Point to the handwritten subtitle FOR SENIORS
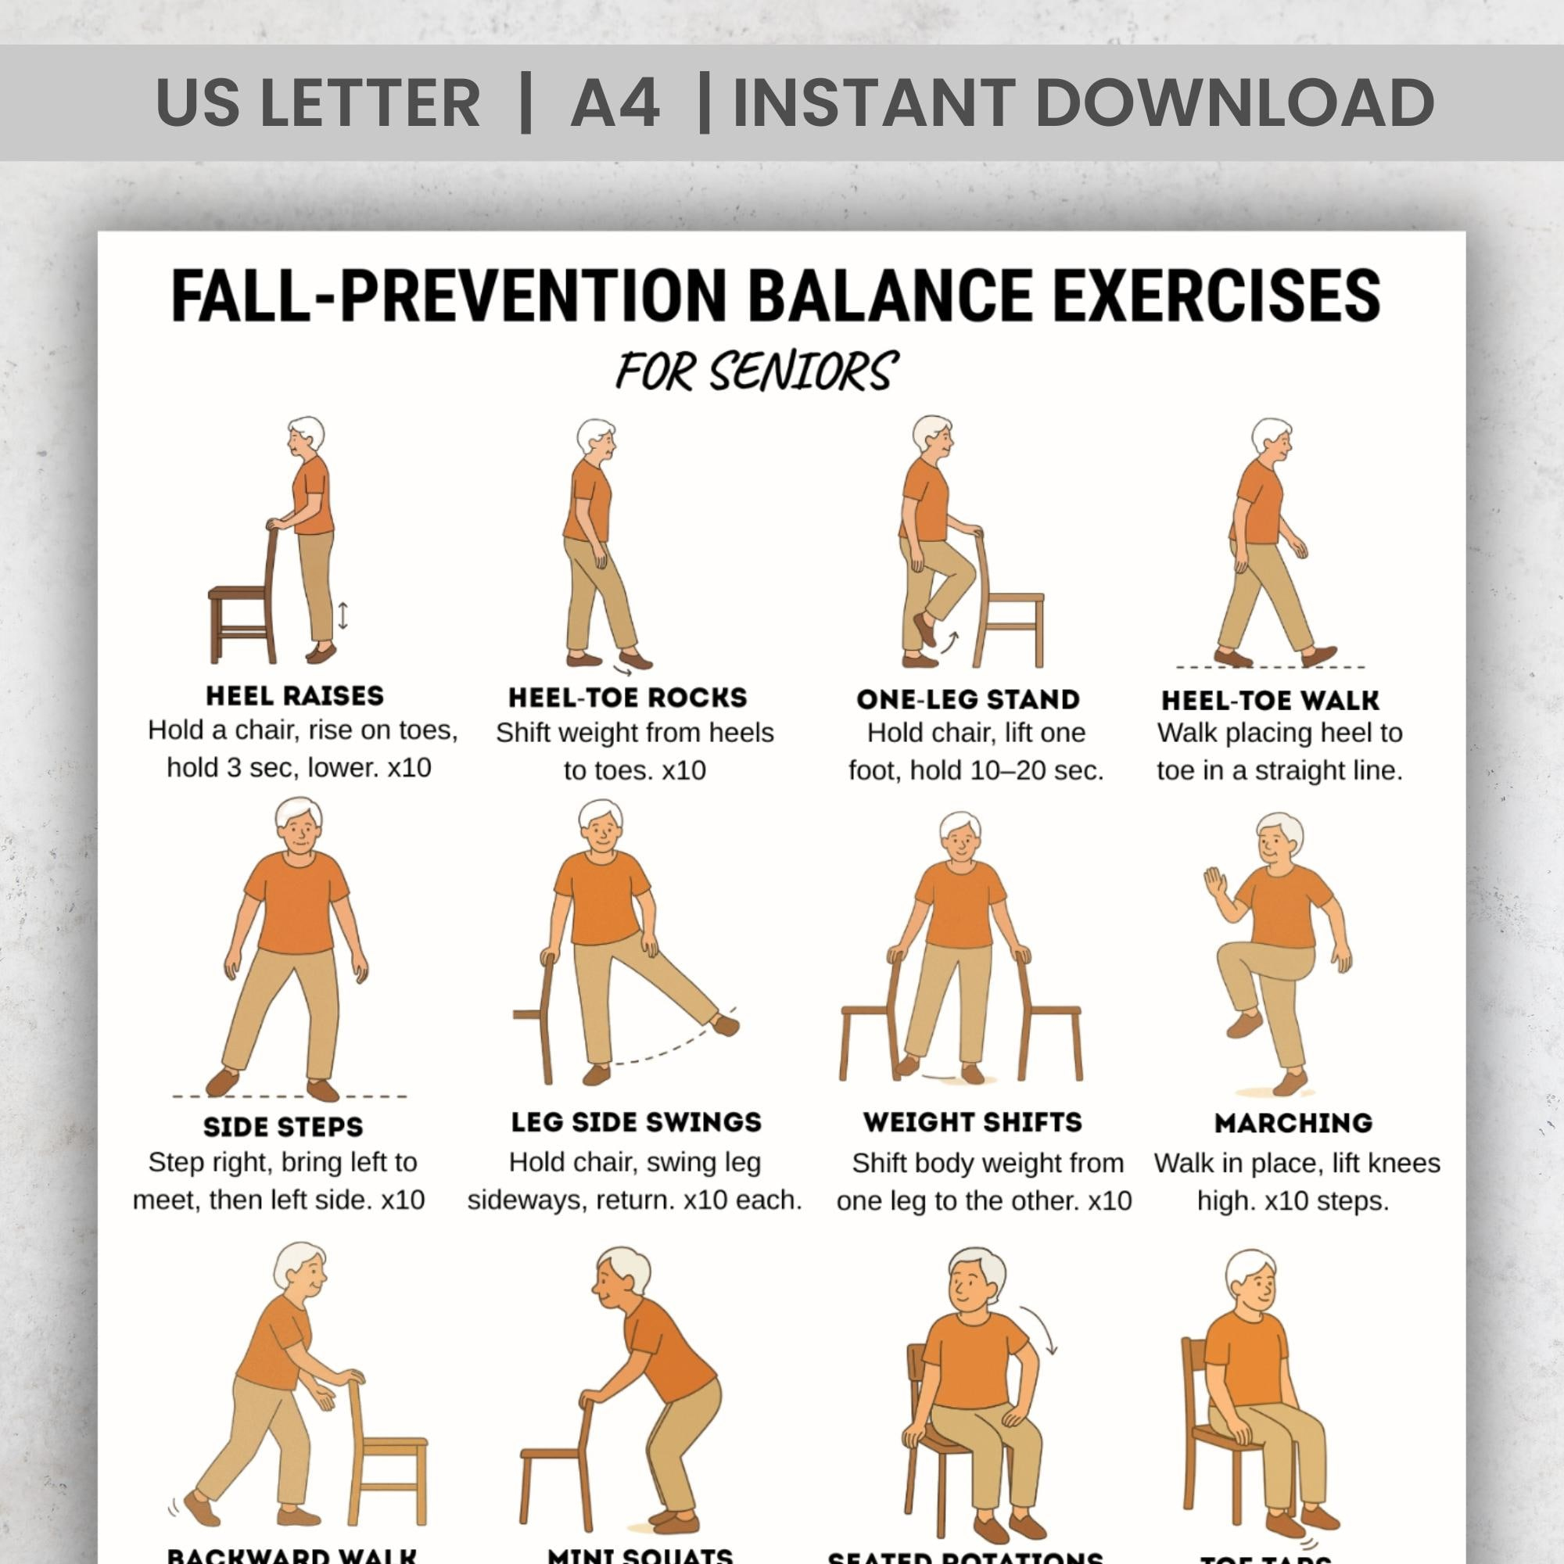pyautogui.click(x=756, y=371)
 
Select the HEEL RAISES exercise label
pyautogui.click(x=295, y=695)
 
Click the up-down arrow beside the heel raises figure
pyautogui.click(x=343, y=616)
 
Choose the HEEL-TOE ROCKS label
pyautogui.click(x=627, y=697)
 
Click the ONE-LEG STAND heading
pyautogui.click(x=968, y=698)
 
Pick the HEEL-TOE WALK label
pyautogui.click(x=1270, y=699)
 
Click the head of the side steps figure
pyautogui.click(x=299, y=823)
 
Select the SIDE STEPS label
pyautogui.click(x=283, y=1126)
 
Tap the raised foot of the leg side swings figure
pyautogui.click(x=726, y=1025)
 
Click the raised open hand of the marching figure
pyautogui.click(x=1215, y=881)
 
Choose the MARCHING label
pyautogui.click(x=1293, y=1123)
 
